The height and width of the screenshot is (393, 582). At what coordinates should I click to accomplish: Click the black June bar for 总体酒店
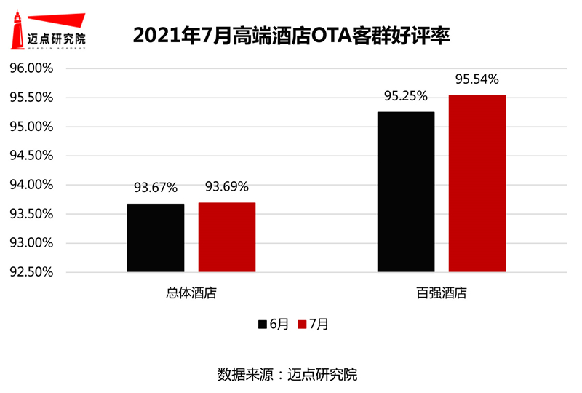click(x=156, y=238)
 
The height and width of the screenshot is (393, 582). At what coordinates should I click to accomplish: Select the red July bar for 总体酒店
click(x=226, y=237)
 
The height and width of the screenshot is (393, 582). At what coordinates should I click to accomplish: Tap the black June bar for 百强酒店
click(x=406, y=192)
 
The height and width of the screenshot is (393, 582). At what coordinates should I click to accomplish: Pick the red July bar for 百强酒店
click(x=477, y=183)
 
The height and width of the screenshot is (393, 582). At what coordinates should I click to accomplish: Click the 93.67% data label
click(x=156, y=188)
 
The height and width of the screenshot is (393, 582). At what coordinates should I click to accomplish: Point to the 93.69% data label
click(x=226, y=187)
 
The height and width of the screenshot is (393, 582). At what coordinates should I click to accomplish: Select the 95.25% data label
click(x=406, y=97)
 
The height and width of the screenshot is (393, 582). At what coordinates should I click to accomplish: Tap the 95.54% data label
click(x=477, y=79)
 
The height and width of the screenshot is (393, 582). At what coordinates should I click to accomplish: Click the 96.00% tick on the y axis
click(x=31, y=68)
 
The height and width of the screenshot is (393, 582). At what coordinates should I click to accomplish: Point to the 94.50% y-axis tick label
click(x=31, y=156)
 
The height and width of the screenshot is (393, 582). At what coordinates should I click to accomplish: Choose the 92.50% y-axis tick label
click(x=31, y=272)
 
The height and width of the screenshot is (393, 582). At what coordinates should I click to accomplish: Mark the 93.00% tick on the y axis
click(x=31, y=243)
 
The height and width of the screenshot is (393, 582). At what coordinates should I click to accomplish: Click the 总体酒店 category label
click(x=191, y=294)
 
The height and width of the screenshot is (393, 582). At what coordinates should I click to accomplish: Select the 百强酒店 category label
click(x=441, y=294)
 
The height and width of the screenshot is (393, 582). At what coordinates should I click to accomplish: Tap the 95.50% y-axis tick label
click(x=31, y=98)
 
